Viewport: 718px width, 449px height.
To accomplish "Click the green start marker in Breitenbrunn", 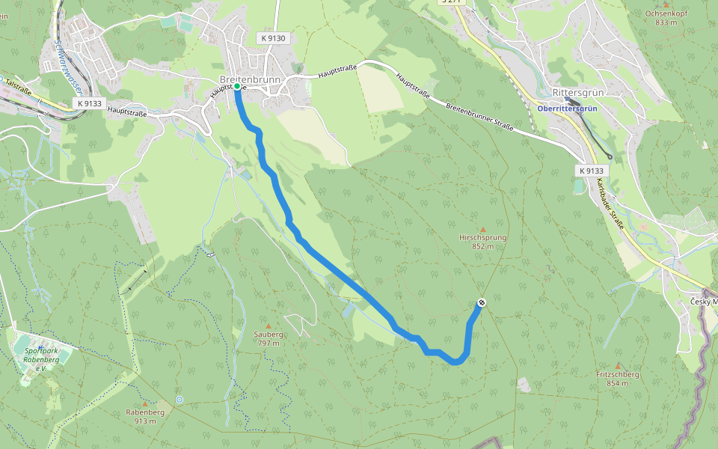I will coord(237,87).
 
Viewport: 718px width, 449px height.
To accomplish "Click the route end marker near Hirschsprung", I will coord(482,302).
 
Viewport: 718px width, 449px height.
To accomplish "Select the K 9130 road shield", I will coord(274,37).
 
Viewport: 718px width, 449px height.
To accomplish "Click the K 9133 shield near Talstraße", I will coord(89,103).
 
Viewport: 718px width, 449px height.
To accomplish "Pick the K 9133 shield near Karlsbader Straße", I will coord(590,171).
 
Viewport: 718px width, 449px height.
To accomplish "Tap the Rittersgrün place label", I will coord(577,93).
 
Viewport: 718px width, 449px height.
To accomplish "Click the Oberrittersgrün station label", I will coord(567,109).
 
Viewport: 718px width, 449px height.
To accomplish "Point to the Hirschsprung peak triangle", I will coord(482,229).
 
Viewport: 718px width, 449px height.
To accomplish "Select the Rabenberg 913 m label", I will coord(145,416).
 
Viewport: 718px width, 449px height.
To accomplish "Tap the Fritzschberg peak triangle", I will coord(618,366).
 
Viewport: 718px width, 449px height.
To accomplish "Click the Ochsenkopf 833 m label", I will coord(666,18).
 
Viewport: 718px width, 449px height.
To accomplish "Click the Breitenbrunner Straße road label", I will coord(479,117).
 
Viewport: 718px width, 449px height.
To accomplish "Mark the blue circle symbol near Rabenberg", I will coord(179,400).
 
